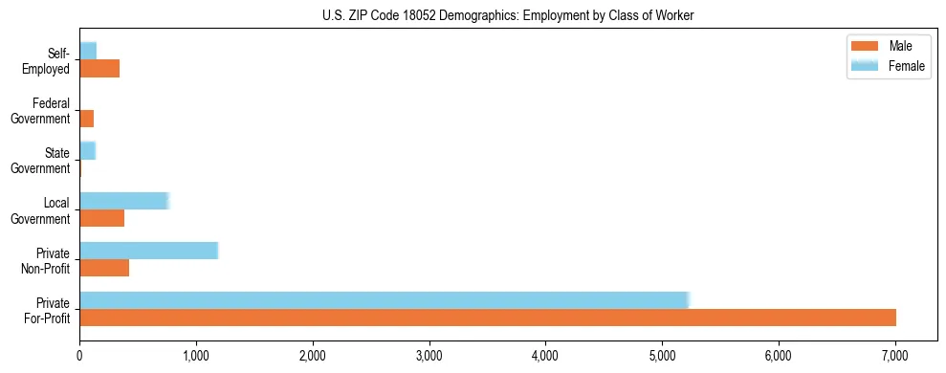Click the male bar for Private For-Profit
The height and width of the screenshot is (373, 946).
click(x=488, y=318)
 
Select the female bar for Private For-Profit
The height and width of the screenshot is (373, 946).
click(x=384, y=300)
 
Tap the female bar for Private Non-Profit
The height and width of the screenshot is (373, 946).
click(x=148, y=251)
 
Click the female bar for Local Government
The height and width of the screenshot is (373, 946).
click(x=123, y=201)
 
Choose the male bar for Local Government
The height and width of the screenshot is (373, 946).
click(x=101, y=218)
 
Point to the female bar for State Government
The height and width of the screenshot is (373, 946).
click(x=87, y=150)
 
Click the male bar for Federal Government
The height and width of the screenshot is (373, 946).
click(x=86, y=119)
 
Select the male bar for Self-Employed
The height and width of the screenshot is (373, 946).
click(x=99, y=69)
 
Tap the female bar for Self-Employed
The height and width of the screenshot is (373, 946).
click(x=88, y=51)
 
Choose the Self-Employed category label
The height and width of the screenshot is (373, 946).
click(x=48, y=60)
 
